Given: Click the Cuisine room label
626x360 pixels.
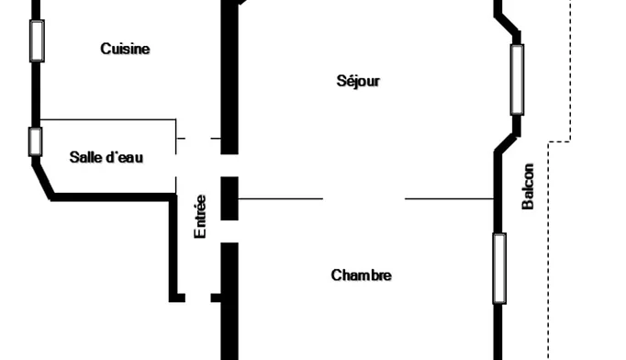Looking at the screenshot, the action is point(125,49).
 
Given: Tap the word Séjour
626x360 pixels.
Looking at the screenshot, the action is point(358,81).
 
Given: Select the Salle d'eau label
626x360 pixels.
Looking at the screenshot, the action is point(106,157).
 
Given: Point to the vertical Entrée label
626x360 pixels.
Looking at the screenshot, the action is point(199,216).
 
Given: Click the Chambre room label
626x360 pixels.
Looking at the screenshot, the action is point(361,276).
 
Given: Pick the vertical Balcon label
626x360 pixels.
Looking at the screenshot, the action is point(528,186).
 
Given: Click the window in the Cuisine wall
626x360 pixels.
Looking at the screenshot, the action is point(37,40).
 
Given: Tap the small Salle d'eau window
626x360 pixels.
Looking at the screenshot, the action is point(35,141).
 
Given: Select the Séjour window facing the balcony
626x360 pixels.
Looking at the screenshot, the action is point(517,80).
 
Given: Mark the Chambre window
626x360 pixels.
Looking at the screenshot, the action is point(499,268).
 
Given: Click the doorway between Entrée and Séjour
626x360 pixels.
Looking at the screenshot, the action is point(229,165).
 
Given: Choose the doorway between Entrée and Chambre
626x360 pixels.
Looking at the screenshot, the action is point(229,231).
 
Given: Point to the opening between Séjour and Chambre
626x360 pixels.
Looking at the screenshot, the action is point(363,198).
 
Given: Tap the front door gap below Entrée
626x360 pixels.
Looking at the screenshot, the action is point(198,298).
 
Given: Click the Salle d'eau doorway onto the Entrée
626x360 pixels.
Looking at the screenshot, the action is point(176,165).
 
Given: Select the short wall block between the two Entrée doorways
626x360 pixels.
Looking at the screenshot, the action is point(229,198).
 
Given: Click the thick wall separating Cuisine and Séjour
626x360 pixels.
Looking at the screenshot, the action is point(229,77).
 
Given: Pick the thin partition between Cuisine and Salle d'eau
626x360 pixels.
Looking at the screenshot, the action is point(108,119).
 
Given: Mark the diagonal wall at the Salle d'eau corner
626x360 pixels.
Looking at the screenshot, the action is point(43,179).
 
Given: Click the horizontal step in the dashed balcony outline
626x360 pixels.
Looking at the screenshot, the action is point(559,141).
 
